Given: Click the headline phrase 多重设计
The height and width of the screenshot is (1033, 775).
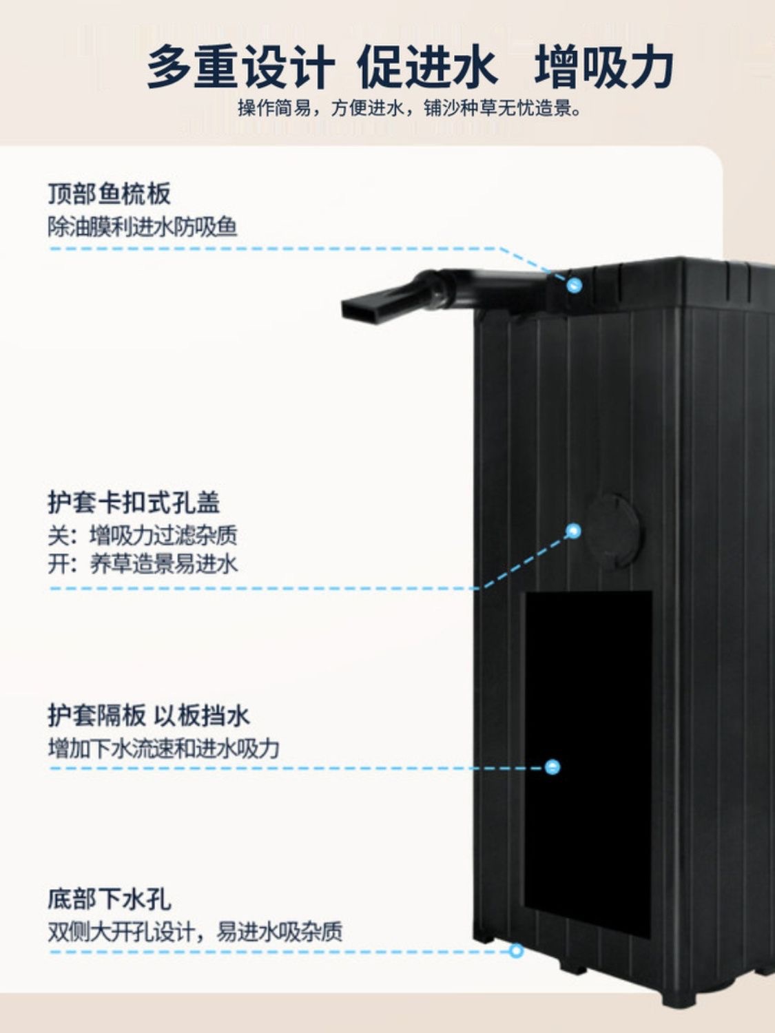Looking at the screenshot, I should tap(240, 67).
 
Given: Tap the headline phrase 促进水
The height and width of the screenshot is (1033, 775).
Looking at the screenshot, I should tap(426, 67).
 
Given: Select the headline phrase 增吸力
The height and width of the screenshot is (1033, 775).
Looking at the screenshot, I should tap(604, 67).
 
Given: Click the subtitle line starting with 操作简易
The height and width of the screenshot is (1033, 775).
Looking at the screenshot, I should tap(410, 108).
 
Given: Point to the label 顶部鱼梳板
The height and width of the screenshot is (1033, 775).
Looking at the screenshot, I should tap(109, 194).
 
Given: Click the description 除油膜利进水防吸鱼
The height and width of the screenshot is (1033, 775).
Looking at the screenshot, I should tap(143, 227).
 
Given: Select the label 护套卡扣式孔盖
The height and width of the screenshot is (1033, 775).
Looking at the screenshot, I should tap(134, 502).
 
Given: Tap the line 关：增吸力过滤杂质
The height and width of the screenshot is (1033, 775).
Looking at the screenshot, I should tap(143, 534).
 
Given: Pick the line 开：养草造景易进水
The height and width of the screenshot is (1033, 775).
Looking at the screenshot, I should tap(143, 564).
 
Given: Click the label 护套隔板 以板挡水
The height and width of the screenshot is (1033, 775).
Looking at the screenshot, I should tap(149, 716).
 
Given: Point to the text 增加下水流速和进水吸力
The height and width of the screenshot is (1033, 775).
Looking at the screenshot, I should tap(164, 748).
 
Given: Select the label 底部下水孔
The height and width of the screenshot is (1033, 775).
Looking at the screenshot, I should tap(109, 899).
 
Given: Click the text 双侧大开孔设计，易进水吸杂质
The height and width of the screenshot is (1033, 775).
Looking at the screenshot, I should tap(195, 932).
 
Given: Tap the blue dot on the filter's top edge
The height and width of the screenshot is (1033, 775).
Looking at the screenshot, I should tap(574, 284).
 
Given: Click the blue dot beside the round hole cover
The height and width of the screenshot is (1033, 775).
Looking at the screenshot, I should tap(574, 530).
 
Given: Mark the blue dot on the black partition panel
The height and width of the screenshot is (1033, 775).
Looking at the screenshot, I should tap(552, 766).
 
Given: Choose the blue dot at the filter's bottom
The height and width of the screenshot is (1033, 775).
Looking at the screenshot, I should tap(516, 951).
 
